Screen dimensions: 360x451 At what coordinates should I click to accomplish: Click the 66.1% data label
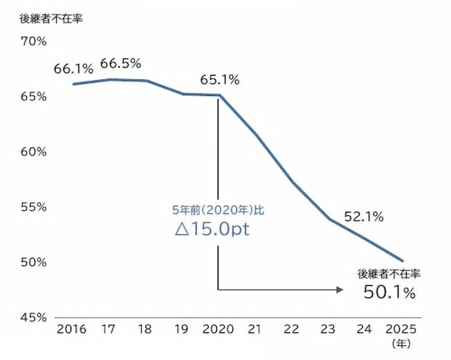click(73, 70)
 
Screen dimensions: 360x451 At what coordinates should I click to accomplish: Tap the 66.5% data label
click(120, 63)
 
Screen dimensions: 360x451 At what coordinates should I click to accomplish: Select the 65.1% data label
click(220, 80)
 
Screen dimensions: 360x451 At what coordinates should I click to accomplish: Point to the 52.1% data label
click(364, 217)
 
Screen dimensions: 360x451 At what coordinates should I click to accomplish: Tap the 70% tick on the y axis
click(34, 41)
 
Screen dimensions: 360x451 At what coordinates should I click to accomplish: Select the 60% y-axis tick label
click(34, 152)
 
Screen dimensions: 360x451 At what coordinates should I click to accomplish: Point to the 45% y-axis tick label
click(34, 317)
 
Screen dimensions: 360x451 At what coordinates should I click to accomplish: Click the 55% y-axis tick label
click(34, 207)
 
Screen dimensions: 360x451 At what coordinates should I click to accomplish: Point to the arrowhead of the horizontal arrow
click(340, 289)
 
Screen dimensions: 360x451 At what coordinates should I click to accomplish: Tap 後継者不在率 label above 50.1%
click(390, 274)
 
